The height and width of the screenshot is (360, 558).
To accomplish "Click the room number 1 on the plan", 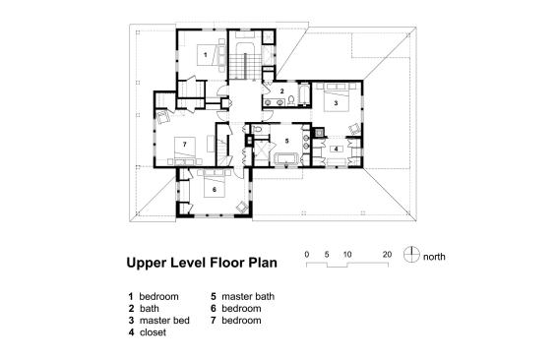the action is pyautogui.click(x=205, y=55).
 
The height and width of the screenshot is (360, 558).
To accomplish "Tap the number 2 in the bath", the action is pyautogui.click(x=281, y=91).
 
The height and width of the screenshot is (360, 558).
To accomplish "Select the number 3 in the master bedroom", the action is pyautogui.click(x=336, y=103).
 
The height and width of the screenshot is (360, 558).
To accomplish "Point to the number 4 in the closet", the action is pyautogui.click(x=337, y=150).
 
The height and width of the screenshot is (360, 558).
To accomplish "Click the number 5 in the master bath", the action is pyautogui.click(x=286, y=141).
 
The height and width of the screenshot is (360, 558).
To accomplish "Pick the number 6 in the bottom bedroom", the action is pyautogui.click(x=215, y=190).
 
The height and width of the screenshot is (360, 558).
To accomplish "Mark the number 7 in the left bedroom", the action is pyautogui.click(x=184, y=144).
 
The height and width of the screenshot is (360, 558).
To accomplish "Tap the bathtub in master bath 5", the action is pyautogui.click(x=287, y=158).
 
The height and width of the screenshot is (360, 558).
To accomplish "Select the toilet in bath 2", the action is pyautogui.click(x=291, y=100).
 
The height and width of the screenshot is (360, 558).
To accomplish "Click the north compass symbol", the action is pyautogui.click(x=411, y=255).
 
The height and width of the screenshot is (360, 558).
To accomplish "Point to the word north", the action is pyautogui.click(x=434, y=257).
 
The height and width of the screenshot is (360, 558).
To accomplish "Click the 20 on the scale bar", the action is pyautogui.click(x=387, y=255).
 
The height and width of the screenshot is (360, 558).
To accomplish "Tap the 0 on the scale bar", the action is pyautogui.click(x=307, y=255).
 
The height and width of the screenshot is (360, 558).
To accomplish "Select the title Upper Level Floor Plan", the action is pyautogui.click(x=202, y=263).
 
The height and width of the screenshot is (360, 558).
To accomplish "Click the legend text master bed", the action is pyautogui.click(x=164, y=320).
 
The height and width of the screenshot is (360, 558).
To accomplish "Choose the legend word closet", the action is pyautogui.click(x=153, y=332).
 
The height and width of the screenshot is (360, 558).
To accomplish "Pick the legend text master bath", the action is pyautogui.click(x=248, y=296).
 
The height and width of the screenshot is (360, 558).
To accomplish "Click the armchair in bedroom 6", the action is pyautogui.click(x=243, y=207).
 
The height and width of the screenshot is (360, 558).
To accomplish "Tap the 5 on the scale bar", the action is pyautogui.click(x=327, y=255).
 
